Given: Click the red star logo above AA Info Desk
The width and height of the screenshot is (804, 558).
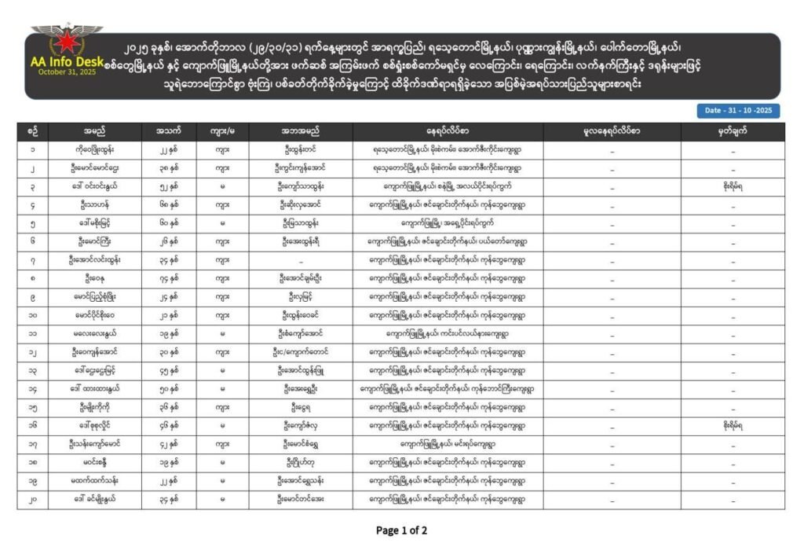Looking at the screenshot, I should tap(66, 41).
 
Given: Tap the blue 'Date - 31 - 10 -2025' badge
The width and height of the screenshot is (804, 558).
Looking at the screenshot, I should tap(736, 111).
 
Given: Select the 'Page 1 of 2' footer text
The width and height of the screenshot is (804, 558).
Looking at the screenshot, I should tap(401, 530).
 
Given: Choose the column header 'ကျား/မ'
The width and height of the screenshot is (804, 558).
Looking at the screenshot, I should tap(221, 131).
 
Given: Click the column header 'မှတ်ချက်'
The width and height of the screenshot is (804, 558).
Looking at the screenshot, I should tap(732, 131).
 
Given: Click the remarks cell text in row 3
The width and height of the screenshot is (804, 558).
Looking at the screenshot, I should tap(732, 186).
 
